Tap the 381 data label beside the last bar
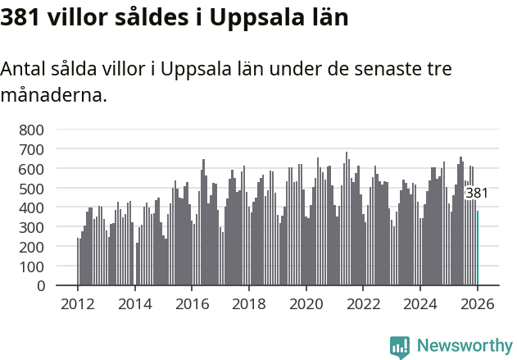click(x=477, y=194)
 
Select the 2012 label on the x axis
click(x=78, y=304)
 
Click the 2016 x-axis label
click(x=192, y=304)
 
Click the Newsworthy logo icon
click(x=400, y=347)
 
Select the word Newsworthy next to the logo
click(x=465, y=346)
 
